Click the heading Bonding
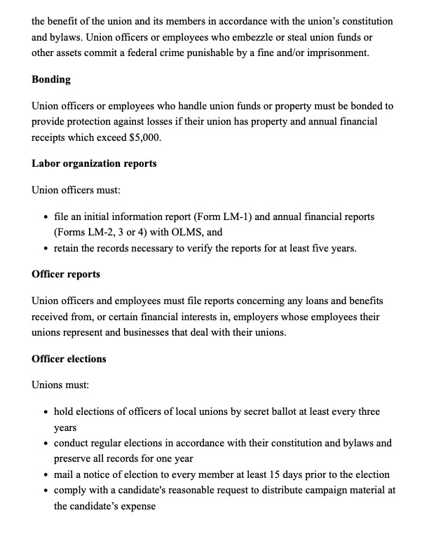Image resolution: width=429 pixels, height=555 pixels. [x=51, y=79]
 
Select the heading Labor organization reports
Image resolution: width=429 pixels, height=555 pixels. [x=94, y=163]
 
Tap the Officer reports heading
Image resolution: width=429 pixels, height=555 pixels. [x=66, y=274]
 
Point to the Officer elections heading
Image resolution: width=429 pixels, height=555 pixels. [x=69, y=359]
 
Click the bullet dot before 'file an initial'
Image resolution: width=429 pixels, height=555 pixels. [x=46, y=217]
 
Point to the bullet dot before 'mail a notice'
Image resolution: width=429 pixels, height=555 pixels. [x=46, y=475]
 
